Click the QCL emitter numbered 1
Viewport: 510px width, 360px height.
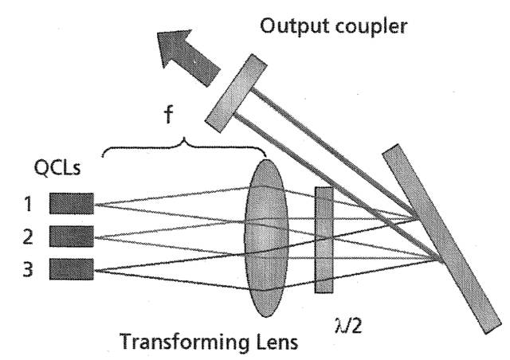(72, 204)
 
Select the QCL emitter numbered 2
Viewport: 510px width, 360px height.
(72, 237)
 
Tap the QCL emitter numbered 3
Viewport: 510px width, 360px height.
(72, 269)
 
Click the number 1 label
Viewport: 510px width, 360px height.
(29, 204)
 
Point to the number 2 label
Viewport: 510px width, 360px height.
(29, 237)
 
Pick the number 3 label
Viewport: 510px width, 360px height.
(29, 269)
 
